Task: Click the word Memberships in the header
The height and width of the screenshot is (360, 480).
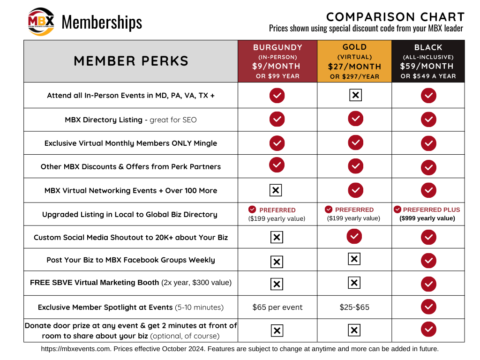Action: point(102,22)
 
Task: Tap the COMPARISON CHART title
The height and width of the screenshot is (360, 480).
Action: point(395,17)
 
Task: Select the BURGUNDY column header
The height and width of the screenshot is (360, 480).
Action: point(277,47)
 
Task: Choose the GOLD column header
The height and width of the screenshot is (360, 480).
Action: point(354,47)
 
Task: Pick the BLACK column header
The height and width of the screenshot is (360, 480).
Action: point(428,47)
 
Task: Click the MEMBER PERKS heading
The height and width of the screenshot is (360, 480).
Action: point(131,61)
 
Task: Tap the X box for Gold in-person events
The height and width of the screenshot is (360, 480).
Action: point(355,95)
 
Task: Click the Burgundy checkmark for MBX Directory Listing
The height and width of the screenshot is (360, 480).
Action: point(277,119)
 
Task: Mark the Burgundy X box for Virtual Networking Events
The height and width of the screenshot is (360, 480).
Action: point(276,190)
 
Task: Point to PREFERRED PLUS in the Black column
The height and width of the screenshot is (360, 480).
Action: point(431,210)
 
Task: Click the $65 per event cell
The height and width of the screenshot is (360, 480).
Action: point(277,307)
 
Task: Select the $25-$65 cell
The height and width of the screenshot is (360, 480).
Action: point(354,307)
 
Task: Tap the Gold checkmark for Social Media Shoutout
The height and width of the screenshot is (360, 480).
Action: point(354,236)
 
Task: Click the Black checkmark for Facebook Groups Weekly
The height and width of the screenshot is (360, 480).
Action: point(428,260)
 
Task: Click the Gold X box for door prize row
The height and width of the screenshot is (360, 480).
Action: point(354,330)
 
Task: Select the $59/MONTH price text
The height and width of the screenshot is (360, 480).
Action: point(427,66)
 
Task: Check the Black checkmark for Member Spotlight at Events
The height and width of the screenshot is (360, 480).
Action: point(428,307)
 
